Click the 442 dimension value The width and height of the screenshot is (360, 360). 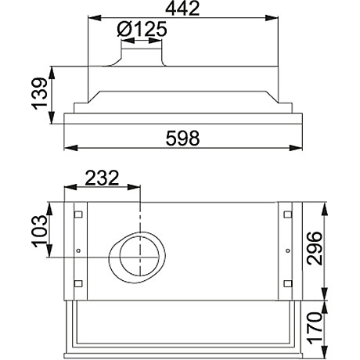tap(184, 9)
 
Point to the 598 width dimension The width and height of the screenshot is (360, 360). tap(184, 138)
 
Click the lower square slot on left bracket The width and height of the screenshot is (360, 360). tap(77, 283)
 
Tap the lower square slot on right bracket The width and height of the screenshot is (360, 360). tap(287, 283)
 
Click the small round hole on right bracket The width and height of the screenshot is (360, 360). tap(287, 250)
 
